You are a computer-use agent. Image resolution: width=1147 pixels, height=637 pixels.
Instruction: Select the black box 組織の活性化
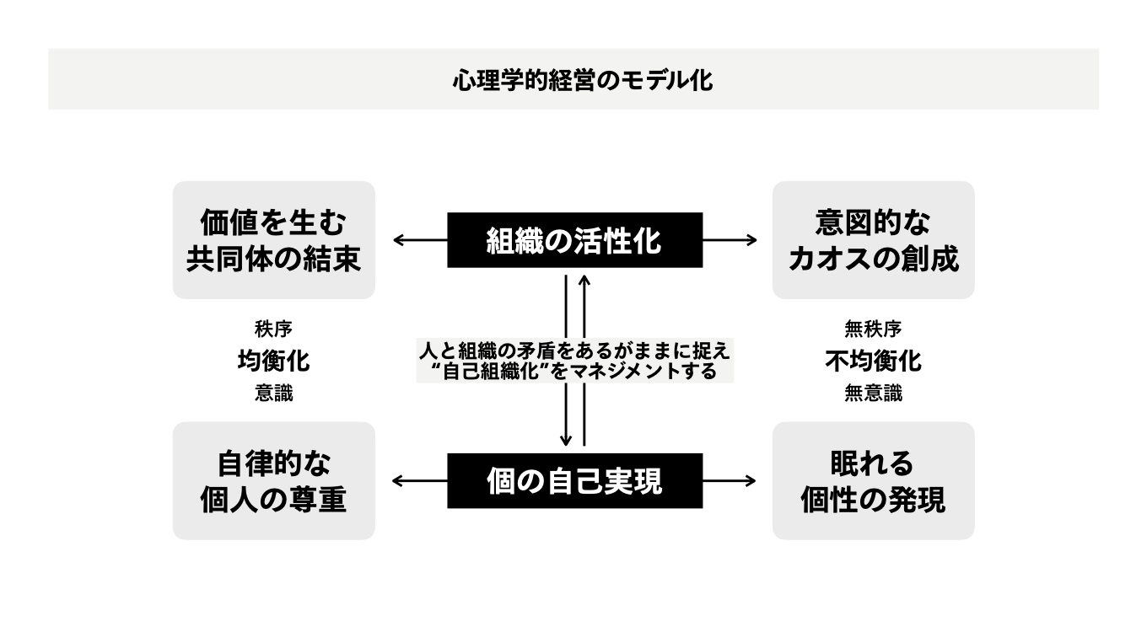574,240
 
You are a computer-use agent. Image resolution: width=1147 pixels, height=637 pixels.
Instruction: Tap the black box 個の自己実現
574,481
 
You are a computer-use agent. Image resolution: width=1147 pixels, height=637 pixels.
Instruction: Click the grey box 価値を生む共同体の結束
273,240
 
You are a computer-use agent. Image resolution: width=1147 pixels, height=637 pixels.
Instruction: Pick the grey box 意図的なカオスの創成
873,240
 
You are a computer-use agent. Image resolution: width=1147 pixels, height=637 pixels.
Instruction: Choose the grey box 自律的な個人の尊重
273,481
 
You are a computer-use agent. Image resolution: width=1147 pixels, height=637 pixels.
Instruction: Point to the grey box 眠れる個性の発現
873,481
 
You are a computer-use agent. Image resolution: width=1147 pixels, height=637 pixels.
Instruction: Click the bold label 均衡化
273,361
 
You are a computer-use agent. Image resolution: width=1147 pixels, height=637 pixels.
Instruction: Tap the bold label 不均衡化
873,361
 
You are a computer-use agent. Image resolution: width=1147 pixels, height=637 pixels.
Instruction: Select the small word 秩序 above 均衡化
273,329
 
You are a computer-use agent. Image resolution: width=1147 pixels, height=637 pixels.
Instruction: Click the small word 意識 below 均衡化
273,393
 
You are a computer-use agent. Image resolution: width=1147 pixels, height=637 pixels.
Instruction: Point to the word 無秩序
873,329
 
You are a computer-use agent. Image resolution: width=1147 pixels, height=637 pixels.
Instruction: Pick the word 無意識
873,393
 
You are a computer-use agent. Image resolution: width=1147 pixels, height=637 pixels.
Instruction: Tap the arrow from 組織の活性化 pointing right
730,240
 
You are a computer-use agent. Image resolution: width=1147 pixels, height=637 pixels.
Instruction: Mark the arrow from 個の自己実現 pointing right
730,481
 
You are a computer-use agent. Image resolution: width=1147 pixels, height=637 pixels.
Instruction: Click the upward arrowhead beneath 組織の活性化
584,281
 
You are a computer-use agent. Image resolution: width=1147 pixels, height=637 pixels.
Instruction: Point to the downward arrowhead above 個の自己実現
566,439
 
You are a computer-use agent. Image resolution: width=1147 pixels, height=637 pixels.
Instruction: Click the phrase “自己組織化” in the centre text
491,372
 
